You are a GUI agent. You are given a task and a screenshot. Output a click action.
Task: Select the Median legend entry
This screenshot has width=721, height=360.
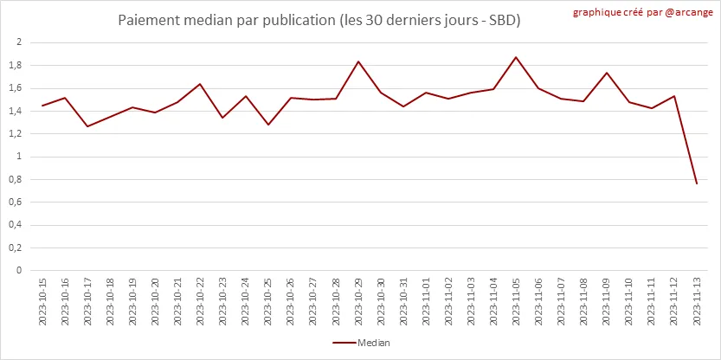(361, 343)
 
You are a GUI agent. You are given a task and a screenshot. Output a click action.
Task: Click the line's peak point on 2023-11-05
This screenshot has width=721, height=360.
(516, 57)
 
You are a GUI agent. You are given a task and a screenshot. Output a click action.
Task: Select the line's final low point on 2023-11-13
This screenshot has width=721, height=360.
(697, 183)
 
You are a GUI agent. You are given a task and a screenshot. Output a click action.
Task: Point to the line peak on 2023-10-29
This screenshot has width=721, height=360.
(335, 61)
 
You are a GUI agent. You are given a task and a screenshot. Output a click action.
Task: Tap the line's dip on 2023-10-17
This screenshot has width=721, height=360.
(87, 126)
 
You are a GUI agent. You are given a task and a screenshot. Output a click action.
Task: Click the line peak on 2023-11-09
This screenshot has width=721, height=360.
(607, 73)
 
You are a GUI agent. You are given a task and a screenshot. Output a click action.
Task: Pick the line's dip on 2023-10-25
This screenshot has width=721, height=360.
(268, 125)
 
